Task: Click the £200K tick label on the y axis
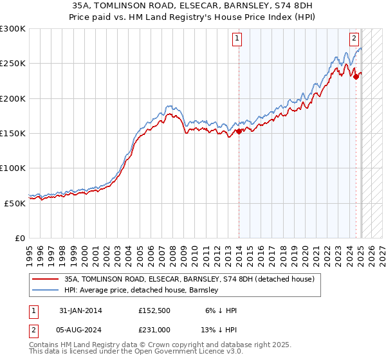tap(13, 99)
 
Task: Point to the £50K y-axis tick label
tap(15, 203)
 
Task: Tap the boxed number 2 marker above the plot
tap(354, 38)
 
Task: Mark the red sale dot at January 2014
tap(239, 132)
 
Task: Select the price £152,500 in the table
tap(154, 310)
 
